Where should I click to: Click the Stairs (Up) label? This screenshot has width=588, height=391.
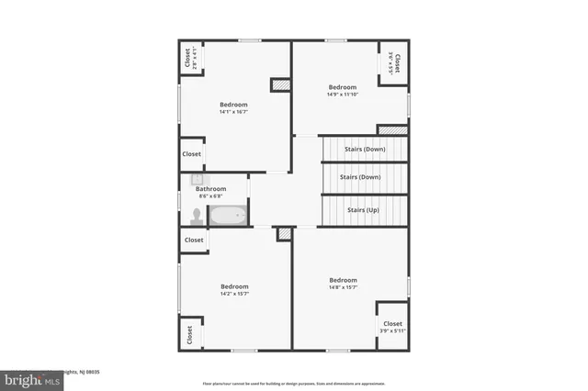tap(363, 210)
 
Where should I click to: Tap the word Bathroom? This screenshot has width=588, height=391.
tap(210, 189)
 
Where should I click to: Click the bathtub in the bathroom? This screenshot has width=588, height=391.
tap(227, 216)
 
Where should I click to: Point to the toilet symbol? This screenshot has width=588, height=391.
tap(196, 217)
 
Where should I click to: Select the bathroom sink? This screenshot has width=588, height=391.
tap(197, 180)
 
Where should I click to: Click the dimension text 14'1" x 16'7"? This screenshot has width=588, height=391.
tap(233, 112)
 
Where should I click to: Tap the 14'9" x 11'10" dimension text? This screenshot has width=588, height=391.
tap(342, 94)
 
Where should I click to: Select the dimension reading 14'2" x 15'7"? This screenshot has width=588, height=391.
tap(234, 294)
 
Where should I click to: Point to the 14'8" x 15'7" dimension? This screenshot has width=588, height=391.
tap(343, 287)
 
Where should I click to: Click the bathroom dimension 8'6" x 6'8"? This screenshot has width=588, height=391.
tap(210, 196)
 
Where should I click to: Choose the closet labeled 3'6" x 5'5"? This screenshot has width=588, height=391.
tap(394, 62)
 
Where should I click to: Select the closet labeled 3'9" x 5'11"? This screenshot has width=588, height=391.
tap(392, 328)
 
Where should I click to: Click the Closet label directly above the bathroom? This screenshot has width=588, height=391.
tap(191, 154)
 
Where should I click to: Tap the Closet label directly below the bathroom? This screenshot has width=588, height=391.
tap(194, 240)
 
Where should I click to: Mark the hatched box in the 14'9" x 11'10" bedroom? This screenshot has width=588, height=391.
tap(392, 130)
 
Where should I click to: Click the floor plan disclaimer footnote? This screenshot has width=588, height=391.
tap(294, 383)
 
